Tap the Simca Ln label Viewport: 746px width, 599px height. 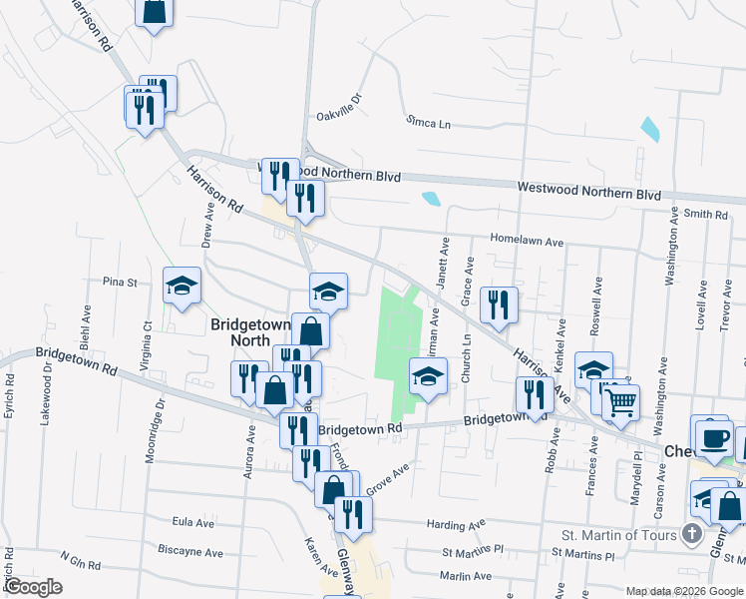[428, 123]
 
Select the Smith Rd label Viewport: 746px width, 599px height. [706, 214]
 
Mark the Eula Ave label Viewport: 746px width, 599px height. [193, 522]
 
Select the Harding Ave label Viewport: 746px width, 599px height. [456, 524]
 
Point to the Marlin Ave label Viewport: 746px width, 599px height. [466, 576]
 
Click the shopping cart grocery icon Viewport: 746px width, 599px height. [621, 402]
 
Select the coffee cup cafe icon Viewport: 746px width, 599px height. [713, 437]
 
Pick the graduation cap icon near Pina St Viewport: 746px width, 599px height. [183, 287]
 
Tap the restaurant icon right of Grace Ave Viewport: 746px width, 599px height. [499, 304]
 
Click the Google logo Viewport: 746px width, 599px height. [33, 588]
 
